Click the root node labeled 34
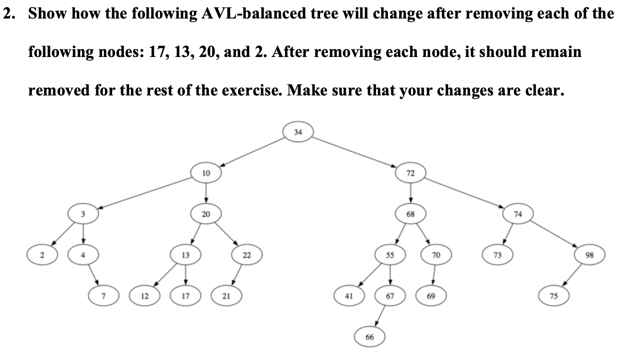(x=297, y=132)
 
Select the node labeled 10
(x=206, y=173)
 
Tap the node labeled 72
(x=411, y=173)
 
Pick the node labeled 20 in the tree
(x=206, y=214)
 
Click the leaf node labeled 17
(x=185, y=296)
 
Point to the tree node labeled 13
(x=185, y=255)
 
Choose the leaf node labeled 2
(x=42, y=255)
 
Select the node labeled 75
(x=554, y=296)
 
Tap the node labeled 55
(x=390, y=255)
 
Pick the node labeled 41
(x=349, y=296)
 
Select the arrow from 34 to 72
(x=354, y=152)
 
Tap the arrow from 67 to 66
(x=380, y=316)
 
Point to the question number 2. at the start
(x=9, y=13)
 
